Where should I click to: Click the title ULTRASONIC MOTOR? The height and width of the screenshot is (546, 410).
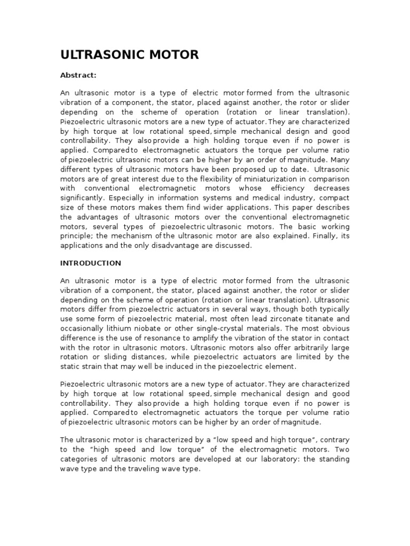(129, 54)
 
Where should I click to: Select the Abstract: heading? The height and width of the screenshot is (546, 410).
(78, 75)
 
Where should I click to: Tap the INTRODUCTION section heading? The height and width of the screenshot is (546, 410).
(90, 263)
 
